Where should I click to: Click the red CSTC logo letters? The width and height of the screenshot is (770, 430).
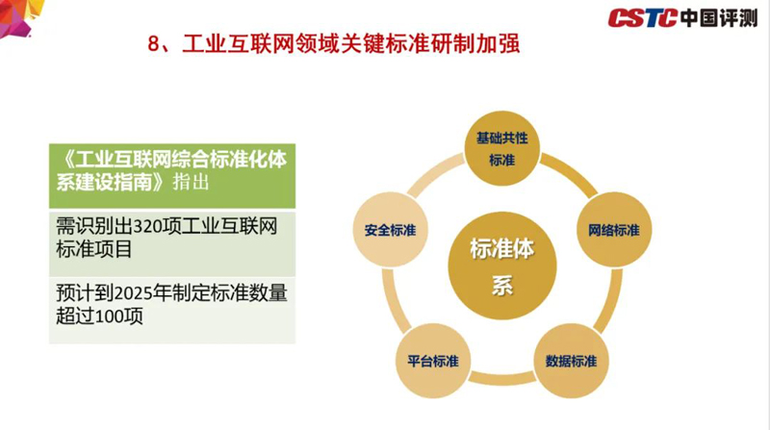tap(643, 18)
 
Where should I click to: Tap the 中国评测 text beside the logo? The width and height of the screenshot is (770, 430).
tap(719, 18)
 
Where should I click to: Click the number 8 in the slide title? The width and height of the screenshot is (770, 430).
tap(154, 44)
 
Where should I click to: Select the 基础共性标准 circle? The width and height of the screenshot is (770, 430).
tap(501, 148)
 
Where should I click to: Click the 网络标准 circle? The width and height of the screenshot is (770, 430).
tap(614, 230)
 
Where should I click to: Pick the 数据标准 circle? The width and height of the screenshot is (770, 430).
tap(571, 361)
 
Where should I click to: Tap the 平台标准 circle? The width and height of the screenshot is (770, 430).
tap(432, 361)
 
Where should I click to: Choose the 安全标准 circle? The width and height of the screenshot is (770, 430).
tap(391, 230)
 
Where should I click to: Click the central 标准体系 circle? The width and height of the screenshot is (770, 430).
tap(501, 266)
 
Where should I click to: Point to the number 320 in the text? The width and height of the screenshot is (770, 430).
tap(148, 227)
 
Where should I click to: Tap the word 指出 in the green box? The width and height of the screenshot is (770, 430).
tap(191, 182)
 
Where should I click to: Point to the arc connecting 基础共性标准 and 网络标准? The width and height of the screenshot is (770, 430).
tap(574, 172)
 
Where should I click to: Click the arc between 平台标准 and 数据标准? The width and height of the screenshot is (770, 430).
tap(501, 378)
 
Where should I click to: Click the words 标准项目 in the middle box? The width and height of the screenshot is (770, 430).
tap(94, 249)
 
